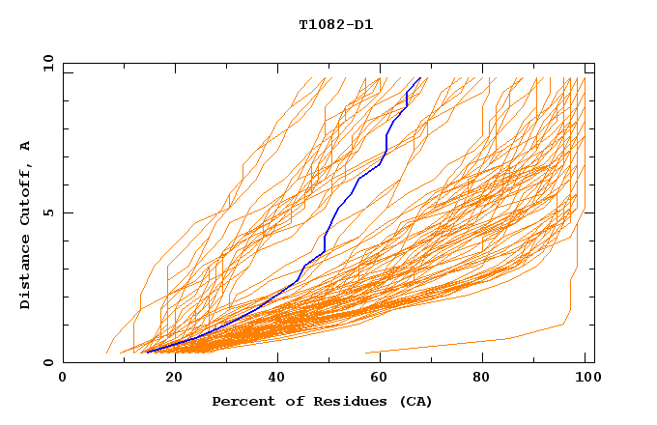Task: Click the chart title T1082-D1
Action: click(335, 24)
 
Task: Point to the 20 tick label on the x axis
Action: click(173, 378)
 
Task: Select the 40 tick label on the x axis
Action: click(278, 378)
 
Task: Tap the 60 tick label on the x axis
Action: click(384, 378)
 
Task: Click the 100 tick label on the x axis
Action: click(589, 378)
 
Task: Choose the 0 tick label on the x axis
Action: click(63, 378)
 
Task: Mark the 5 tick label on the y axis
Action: click(46, 212)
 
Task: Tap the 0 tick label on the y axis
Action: click(46, 362)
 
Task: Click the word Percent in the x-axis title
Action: click(241, 401)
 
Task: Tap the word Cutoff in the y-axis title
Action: click(26, 193)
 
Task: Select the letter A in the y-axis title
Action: click(26, 146)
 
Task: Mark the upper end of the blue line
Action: click(419, 78)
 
